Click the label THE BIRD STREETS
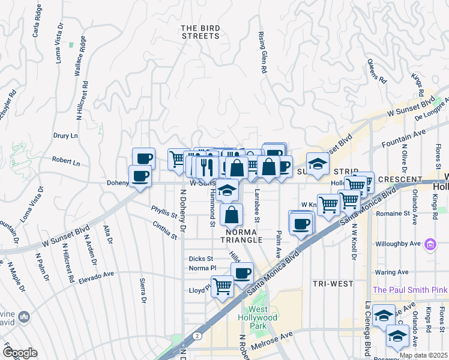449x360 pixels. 200,32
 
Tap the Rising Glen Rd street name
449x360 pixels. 262,53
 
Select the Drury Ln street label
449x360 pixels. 66,136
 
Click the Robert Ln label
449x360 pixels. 65,161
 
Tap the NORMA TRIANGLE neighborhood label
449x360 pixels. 244,235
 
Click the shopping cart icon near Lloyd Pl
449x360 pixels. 222,286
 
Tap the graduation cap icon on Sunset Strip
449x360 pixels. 318,163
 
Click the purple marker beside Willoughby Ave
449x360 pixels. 430,244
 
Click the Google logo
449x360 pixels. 20,352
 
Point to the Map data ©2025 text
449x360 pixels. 423,355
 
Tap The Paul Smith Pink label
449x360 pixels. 410,290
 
